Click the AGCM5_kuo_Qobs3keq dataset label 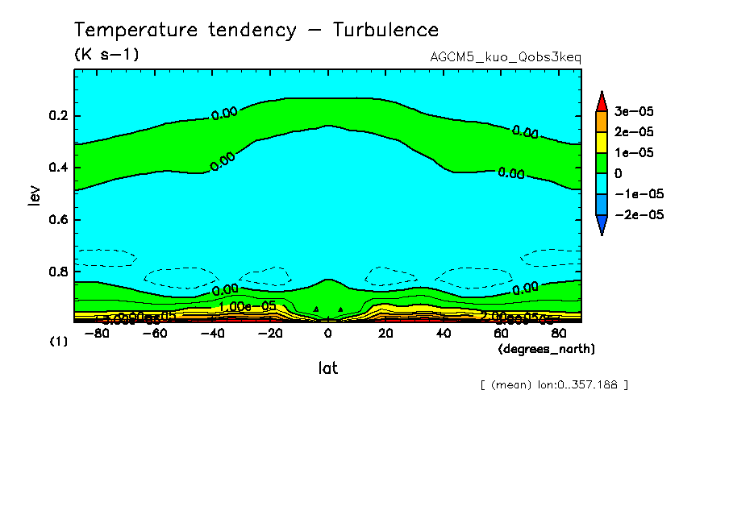click(x=506, y=57)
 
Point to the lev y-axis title click(x=34, y=194)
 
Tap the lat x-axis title click(x=327, y=368)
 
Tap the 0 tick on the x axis click(x=327, y=333)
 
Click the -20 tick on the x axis click(x=270, y=333)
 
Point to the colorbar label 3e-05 click(x=635, y=110)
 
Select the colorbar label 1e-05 click(x=635, y=152)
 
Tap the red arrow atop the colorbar click(x=601, y=101)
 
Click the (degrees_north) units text click(x=546, y=349)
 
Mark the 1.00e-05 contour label click(x=248, y=306)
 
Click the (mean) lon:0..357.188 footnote click(x=553, y=385)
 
